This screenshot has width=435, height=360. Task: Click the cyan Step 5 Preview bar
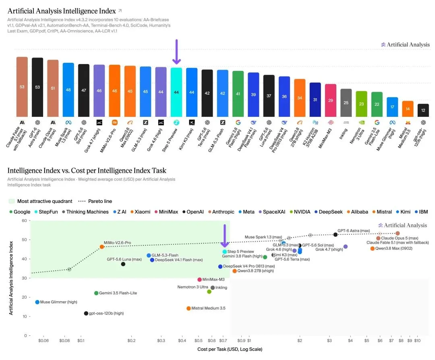point(176,92)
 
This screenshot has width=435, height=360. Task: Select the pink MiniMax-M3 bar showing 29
point(330,100)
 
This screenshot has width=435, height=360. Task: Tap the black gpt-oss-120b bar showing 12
point(423,110)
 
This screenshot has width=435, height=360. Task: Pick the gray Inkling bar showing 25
point(346,103)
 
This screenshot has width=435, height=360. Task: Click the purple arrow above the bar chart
point(176,52)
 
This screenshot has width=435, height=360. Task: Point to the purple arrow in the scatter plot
point(224,236)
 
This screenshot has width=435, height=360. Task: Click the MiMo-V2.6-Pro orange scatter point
point(102,247)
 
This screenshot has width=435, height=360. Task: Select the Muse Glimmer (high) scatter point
point(37,302)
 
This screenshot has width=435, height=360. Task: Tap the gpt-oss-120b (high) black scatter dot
point(86,313)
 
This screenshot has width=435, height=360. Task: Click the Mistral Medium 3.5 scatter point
point(188,308)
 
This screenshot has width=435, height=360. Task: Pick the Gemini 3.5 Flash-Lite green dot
point(96,293)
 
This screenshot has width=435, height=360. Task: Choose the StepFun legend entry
point(46,212)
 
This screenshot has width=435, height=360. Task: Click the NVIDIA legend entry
point(300,212)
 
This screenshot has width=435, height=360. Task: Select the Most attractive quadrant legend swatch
point(11,201)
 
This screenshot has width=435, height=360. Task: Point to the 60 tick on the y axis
point(25,221)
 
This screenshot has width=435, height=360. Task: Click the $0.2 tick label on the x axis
point(131,341)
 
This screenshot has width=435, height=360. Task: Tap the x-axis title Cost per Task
point(230,349)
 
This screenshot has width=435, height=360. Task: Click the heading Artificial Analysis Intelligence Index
point(62,11)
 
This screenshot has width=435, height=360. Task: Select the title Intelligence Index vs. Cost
point(87,171)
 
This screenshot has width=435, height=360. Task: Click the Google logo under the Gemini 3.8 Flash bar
point(238,122)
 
